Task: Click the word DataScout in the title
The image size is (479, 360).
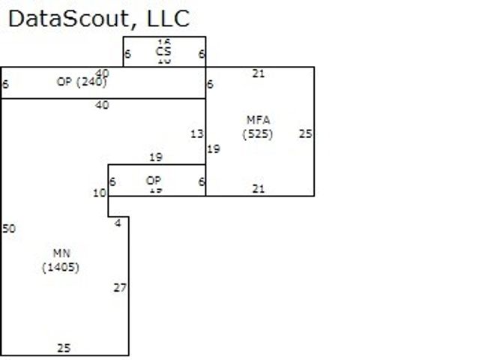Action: (60, 18)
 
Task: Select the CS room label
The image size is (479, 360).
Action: (163, 51)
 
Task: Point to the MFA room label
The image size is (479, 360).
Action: (258, 120)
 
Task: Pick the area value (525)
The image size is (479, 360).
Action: (258, 134)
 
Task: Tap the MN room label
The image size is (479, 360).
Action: (61, 253)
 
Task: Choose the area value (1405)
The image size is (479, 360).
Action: (61, 267)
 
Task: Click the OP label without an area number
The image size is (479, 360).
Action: (154, 181)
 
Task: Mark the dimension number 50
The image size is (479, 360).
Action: (9, 229)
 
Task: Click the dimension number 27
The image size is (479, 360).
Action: (120, 287)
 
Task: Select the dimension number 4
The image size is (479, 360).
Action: (118, 223)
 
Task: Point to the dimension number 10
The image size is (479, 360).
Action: (100, 193)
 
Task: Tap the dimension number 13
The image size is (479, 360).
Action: (196, 134)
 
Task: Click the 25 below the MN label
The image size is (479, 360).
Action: (64, 348)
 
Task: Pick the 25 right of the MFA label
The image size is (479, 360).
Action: (304, 134)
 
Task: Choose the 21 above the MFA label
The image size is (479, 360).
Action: (259, 73)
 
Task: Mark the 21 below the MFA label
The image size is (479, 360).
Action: (259, 189)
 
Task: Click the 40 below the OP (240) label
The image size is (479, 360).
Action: (102, 106)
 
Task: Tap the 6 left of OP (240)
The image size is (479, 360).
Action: (6, 84)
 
